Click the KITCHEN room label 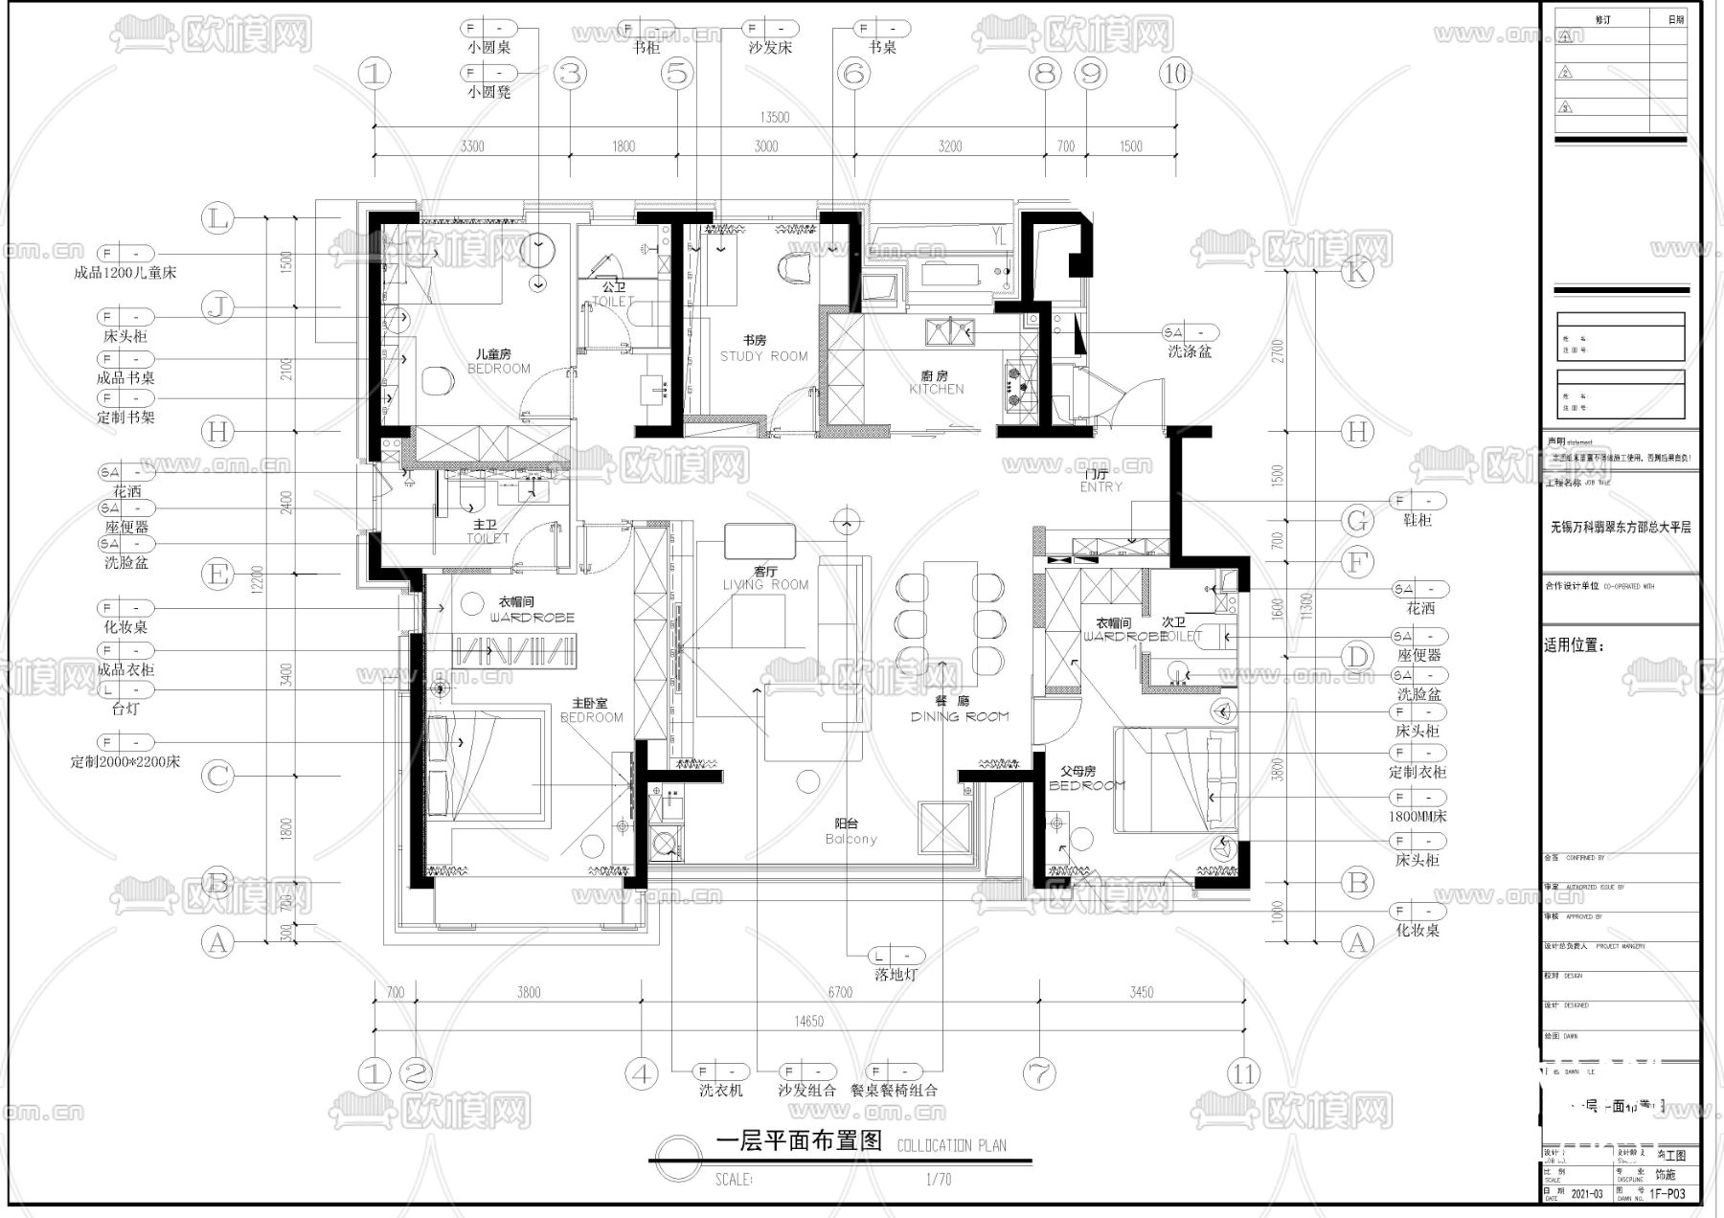pos(936,389)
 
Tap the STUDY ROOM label pos(763,356)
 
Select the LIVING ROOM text pos(765,584)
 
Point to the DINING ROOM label pos(959,716)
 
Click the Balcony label pos(851,839)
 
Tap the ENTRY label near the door pos(1100,486)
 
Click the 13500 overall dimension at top pos(774,117)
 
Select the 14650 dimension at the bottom pos(807,1022)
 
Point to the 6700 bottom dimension pos(839,992)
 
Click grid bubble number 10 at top pos(1175,73)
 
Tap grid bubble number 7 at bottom pos(1039,1073)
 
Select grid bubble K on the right pos(1355,272)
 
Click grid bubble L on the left pos(218,218)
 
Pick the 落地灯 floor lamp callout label pos(896,975)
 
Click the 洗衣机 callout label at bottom pos(720,1090)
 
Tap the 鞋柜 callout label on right pos(1417,520)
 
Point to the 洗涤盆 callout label pos(1189,351)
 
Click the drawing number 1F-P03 pos(1667,1194)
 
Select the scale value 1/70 pos(938,1180)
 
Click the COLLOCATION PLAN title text pos(951,1145)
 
